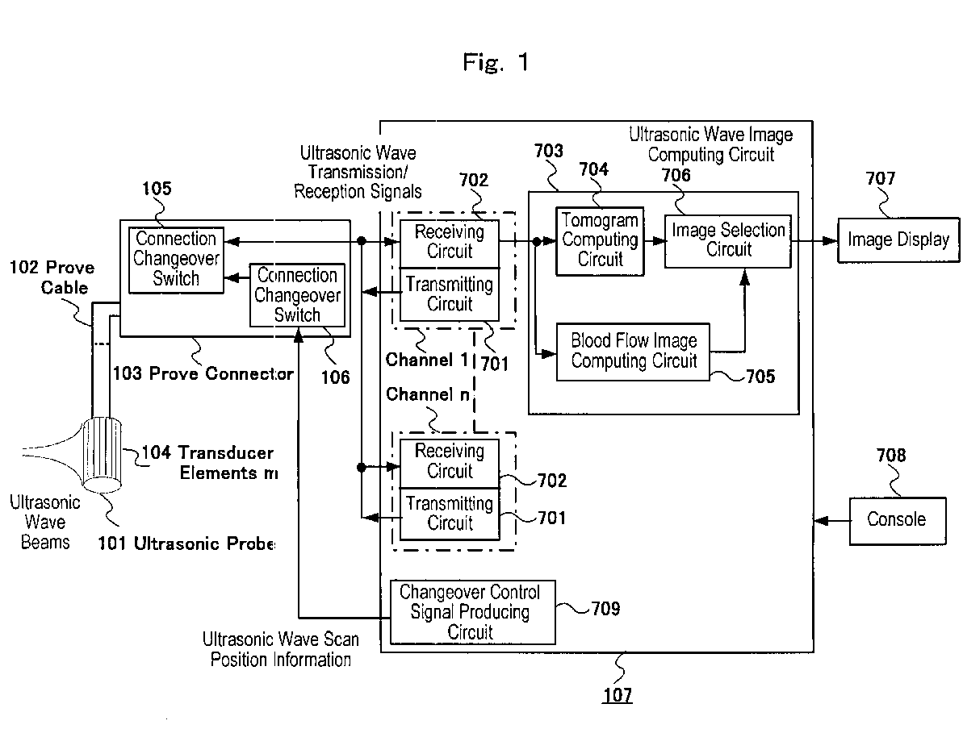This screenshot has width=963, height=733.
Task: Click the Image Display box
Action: (898, 239)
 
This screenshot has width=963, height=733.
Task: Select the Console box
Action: (898, 521)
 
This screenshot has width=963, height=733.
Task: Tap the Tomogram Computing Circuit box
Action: (600, 241)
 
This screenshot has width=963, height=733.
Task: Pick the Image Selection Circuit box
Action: (728, 241)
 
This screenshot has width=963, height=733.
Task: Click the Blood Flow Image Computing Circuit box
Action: (633, 352)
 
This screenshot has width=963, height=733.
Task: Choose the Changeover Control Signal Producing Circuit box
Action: (473, 612)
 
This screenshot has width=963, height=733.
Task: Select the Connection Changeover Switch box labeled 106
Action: (297, 295)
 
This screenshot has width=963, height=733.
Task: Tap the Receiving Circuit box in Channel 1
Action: (450, 243)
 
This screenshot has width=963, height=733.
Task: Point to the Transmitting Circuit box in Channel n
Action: (450, 514)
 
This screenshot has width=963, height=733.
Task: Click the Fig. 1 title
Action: (496, 62)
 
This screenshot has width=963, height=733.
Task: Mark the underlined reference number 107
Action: (618, 695)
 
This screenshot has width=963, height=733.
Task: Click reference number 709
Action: (605, 609)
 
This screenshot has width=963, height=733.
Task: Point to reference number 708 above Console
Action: (891, 455)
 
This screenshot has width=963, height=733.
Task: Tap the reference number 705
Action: (760, 377)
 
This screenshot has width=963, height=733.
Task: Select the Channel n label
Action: (428, 394)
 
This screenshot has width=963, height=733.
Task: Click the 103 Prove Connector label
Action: (203, 373)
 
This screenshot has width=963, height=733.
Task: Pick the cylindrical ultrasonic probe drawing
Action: (102, 455)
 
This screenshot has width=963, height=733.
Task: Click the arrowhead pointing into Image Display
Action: (831, 240)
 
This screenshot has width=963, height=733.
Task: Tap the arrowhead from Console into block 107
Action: (821, 521)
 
